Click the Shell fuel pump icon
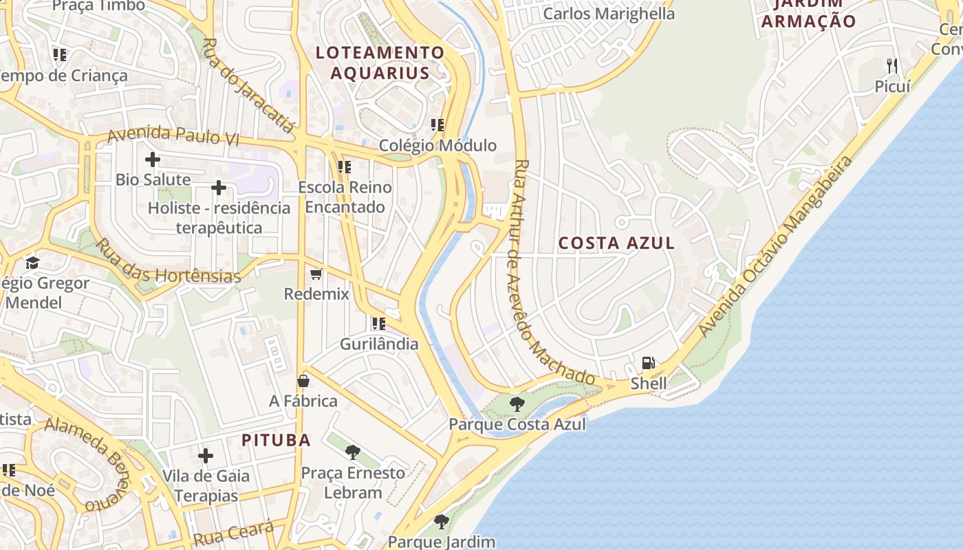(x=648, y=362)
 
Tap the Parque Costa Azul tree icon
(x=517, y=404)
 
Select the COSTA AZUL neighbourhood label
(x=616, y=243)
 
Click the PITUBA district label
(x=276, y=440)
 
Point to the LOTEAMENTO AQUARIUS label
(x=380, y=63)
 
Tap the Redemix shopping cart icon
(x=316, y=274)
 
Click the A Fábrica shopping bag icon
(x=303, y=381)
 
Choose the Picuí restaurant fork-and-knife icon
(x=892, y=66)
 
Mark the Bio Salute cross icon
(x=153, y=160)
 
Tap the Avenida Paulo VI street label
(x=173, y=134)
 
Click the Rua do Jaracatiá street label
(x=249, y=85)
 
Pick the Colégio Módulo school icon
(x=437, y=125)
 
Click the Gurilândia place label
(x=380, y=344)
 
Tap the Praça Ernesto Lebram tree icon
(x=353, y=452)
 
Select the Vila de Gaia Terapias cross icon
(x=205, y=456)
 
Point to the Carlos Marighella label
(x=609, y=14)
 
